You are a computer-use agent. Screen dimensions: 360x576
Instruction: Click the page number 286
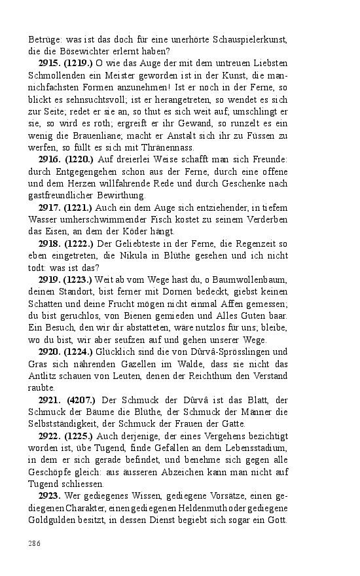(x=34, y=543)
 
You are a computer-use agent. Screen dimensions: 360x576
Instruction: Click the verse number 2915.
(x=50, y=64)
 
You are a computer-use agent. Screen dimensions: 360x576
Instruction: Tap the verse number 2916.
(x=51, y=160)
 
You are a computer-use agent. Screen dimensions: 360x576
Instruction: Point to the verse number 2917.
(x=51, y=207)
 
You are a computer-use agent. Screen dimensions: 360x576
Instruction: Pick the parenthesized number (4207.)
(x=82, y=399)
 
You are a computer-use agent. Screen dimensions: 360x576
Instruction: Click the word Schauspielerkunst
(x=246, y=40)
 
